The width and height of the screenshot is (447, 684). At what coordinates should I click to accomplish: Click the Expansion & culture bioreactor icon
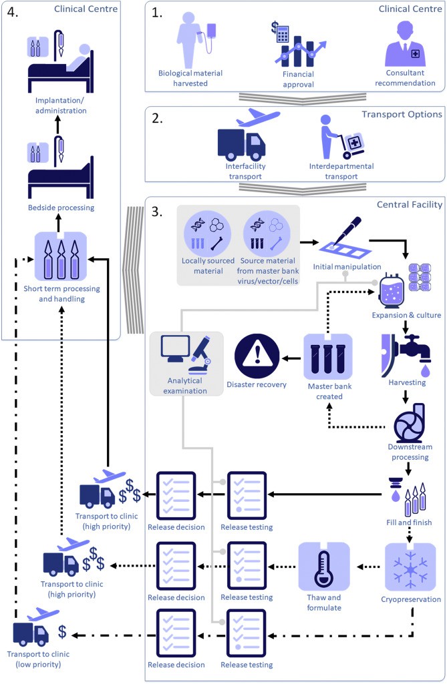(x=395, y=296)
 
